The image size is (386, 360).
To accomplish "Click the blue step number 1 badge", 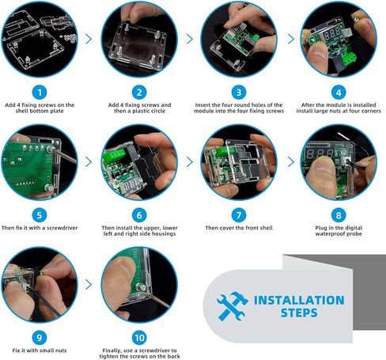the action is point(40,93).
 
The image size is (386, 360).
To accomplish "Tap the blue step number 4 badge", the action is point(339,93).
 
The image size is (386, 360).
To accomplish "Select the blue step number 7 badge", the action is point(239,215).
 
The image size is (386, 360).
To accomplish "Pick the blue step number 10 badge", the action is point(139,338).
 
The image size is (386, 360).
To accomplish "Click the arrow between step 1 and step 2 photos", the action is point(89,39).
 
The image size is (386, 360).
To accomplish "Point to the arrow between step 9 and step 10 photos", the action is point(89,284).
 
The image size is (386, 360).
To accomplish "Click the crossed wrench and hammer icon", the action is point(232,306).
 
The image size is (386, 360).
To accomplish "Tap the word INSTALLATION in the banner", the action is point(299,300).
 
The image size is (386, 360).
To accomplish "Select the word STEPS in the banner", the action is point(299,313).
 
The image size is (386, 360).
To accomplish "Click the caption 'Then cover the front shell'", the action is point(239,228).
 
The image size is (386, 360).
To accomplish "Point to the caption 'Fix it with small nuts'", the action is point(40,351).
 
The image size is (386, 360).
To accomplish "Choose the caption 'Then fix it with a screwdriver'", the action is point(40,228).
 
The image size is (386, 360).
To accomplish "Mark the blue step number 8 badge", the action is point(339,215).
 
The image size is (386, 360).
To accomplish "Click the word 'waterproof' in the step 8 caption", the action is point(327,234).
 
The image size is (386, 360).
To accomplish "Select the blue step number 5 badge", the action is point(40,215).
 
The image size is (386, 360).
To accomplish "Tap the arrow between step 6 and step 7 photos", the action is point(190,161).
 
